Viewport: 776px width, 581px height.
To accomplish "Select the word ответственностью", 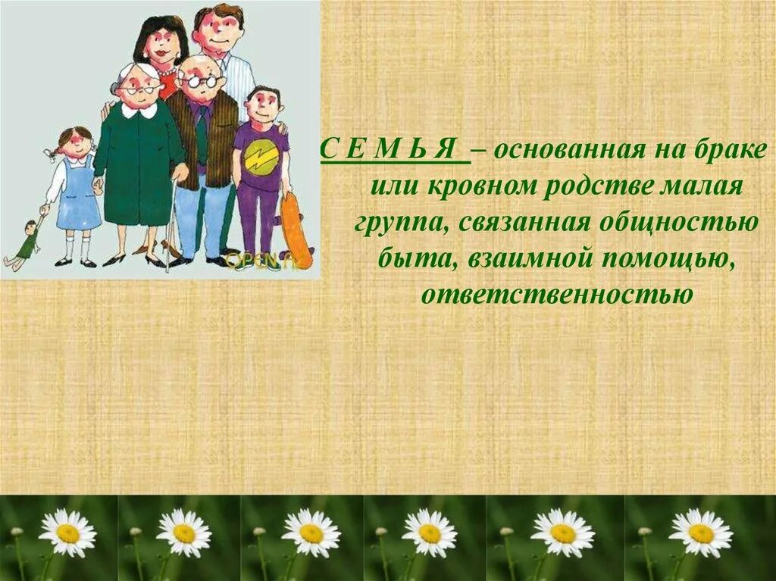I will (556, 293).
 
